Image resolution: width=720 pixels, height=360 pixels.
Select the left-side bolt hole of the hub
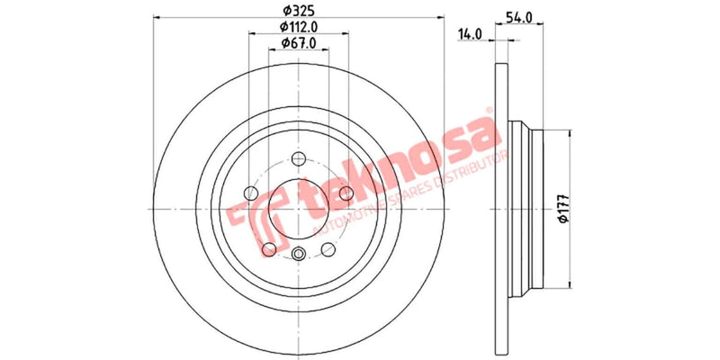pos(250,193)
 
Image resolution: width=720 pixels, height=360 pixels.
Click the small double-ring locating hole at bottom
pos(299,253)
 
